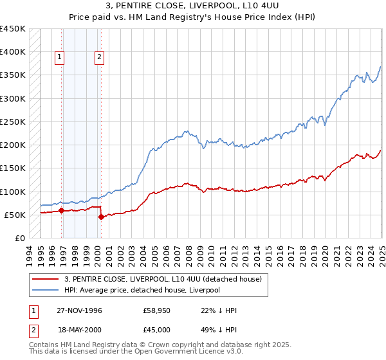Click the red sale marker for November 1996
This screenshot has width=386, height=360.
(62, 210)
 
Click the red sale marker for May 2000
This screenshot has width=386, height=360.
(101, 217)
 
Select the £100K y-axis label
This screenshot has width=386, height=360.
(13, 192)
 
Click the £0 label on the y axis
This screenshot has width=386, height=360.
(20, 238)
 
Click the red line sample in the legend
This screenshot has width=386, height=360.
(45, 280)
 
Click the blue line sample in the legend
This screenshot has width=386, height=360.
(45, 290)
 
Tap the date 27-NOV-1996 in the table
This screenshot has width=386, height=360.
(80, 310)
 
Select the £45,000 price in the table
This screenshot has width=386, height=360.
(156, 328)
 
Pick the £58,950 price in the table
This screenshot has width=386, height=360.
(156, 310)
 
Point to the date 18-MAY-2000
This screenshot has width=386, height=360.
(79, 328)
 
